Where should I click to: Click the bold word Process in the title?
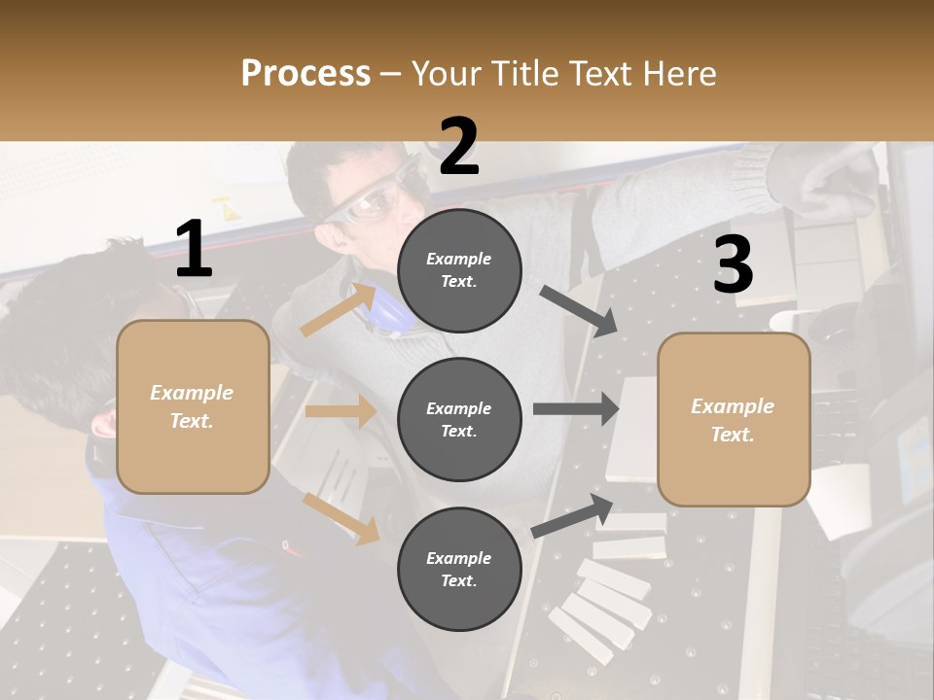coord(305,73)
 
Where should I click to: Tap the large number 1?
coord(194,249)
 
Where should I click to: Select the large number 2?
coord(459,147)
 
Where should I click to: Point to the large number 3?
coord(733,264)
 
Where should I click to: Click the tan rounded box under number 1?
coord(193,406)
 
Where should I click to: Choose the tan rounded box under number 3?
coord(734,419)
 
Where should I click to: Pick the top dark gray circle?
coord(459,270)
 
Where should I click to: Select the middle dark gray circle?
coord(459,419)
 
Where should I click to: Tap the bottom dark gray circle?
coord(459,569)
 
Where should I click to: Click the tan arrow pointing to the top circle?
coord(339,308)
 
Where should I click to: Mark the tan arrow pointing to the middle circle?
coord(341,411)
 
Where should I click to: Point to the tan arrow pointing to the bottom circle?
coord(341,518)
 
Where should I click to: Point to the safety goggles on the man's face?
coord(375,201)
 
